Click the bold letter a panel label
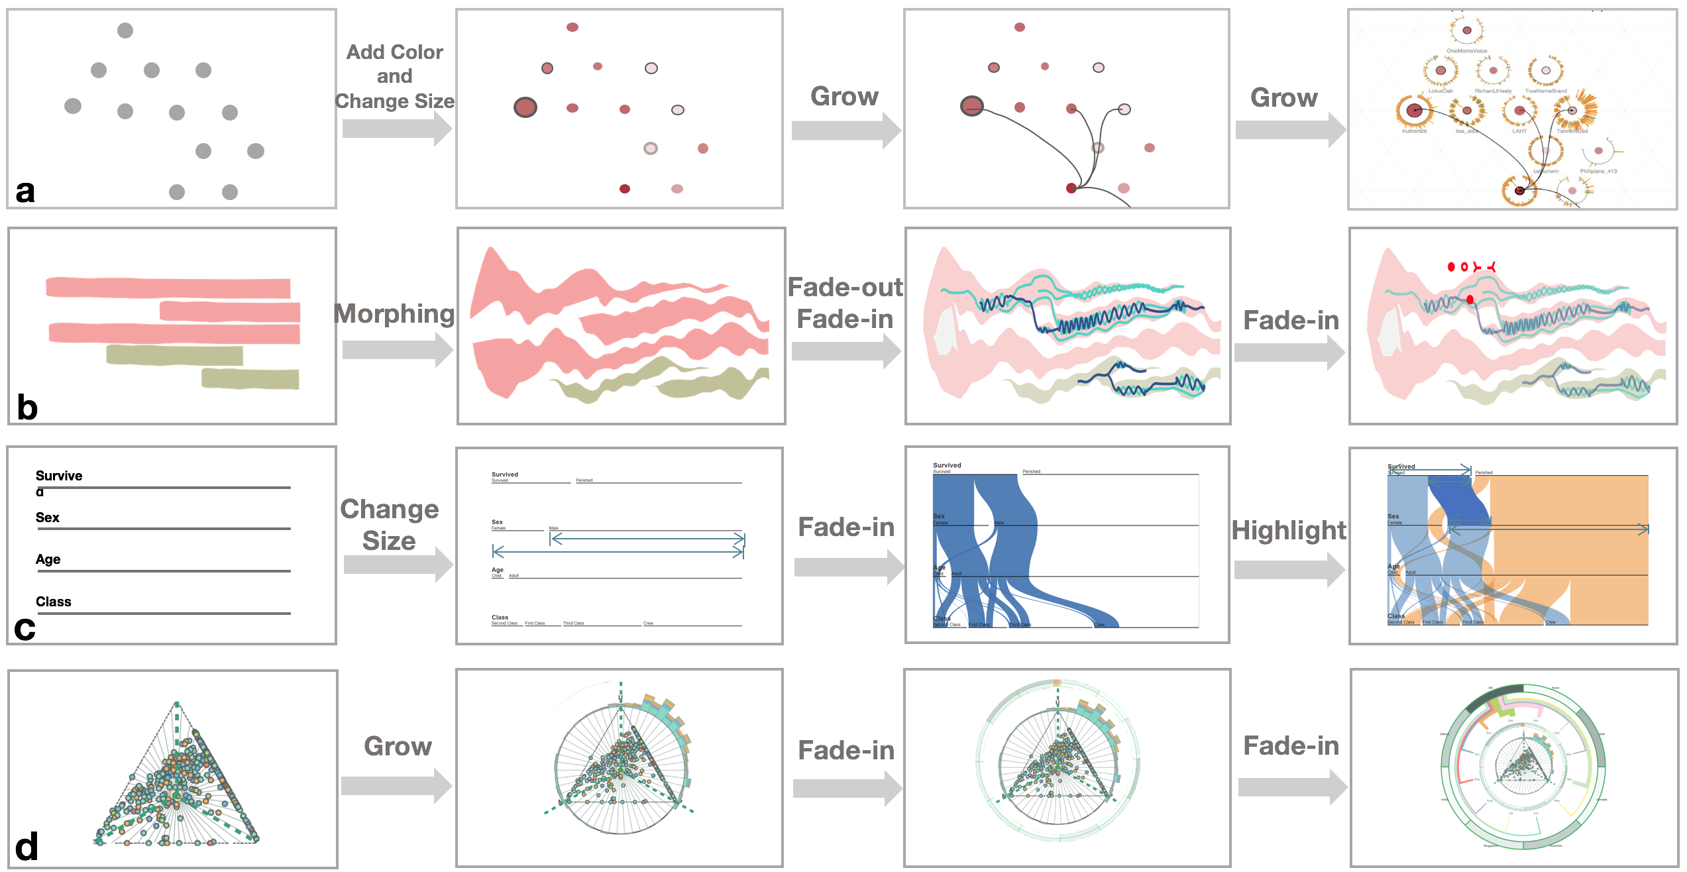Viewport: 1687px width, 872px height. click(25, 191)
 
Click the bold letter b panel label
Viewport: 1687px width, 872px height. click(27, 407)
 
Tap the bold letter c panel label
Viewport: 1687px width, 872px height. click(25, 628)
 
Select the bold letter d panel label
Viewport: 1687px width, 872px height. click(27, 847)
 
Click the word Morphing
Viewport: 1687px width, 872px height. click(395, 313)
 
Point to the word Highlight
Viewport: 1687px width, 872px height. click(1289, 530)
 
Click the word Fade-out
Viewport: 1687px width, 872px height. click(845, 287)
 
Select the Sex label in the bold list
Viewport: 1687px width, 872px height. click(48, 518)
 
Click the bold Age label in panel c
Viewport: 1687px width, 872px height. click(48, 559)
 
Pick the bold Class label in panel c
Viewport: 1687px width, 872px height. click(53, 602)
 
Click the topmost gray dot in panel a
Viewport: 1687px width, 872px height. click(125, 30)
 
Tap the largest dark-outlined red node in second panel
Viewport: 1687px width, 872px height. click(525, 107)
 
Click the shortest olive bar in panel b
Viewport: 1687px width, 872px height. click(250, 379)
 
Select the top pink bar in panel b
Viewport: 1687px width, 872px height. click(168, 288)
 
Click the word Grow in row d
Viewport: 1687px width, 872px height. click(398, 746)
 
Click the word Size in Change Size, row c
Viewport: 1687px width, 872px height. click(389, 541)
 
